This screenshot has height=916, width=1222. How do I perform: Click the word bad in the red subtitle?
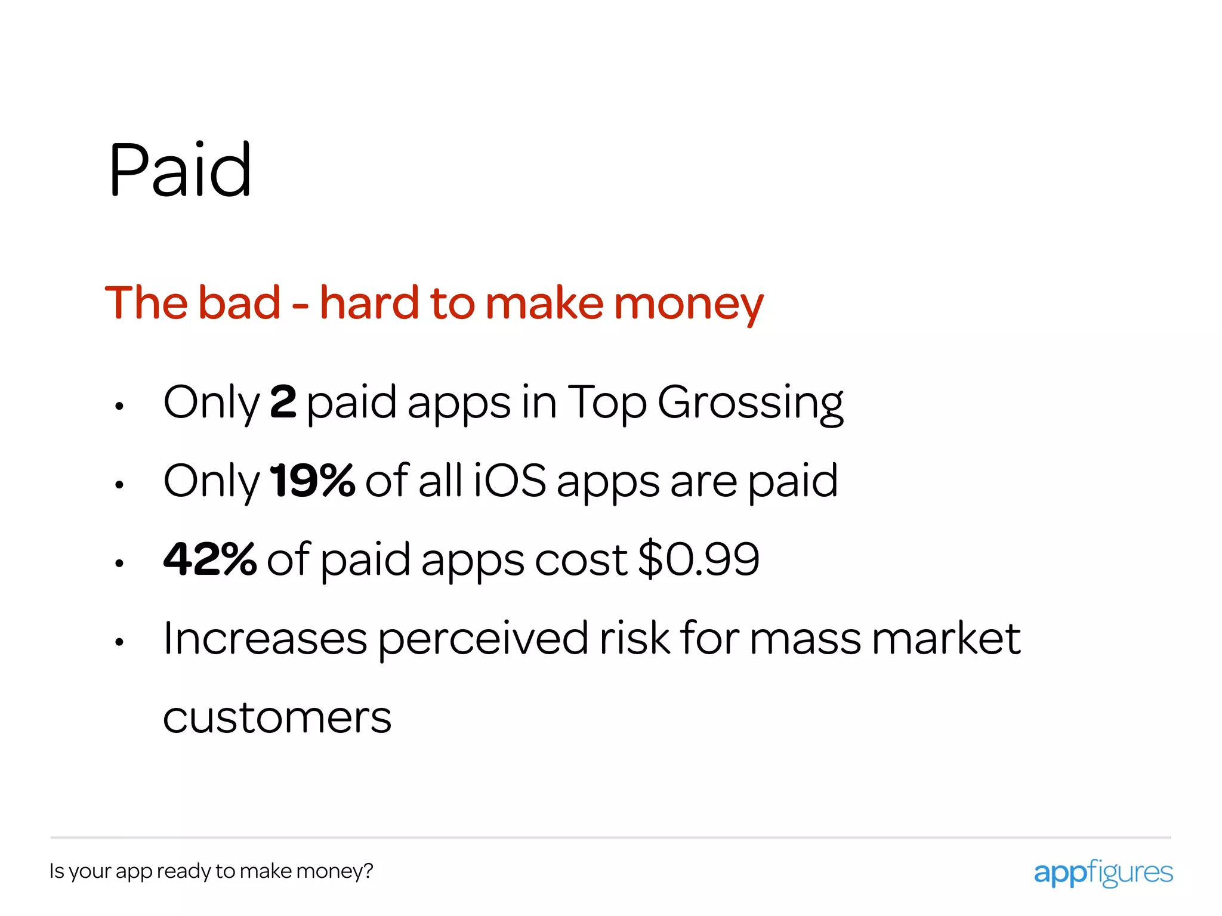click(x=239, y=303)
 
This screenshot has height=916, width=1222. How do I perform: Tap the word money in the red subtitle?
click(x=688, y=304)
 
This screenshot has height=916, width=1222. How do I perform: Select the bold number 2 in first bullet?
click(x=283, y=403)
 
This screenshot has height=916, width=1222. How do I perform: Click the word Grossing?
click(x=750, y=404)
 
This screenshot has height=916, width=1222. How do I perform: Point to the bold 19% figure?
click(x=312, y=481)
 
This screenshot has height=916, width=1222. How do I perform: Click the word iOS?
click(x=510, y=481)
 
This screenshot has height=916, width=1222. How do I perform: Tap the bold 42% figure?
click(x=209, y=559)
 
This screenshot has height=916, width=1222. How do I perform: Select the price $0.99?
click(x=698, y=559)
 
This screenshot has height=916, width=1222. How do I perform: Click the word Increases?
click(x=265, y=639)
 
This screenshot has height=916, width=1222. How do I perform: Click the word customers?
click(x=277, y=717)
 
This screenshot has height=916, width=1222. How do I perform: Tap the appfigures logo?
click(x=1103, y=872)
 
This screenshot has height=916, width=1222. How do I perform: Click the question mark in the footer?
click(x=368, y=871)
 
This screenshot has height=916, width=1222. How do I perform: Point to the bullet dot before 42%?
click(x=119, y=564)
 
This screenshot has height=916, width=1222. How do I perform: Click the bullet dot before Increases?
click(x=119, y=642)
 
